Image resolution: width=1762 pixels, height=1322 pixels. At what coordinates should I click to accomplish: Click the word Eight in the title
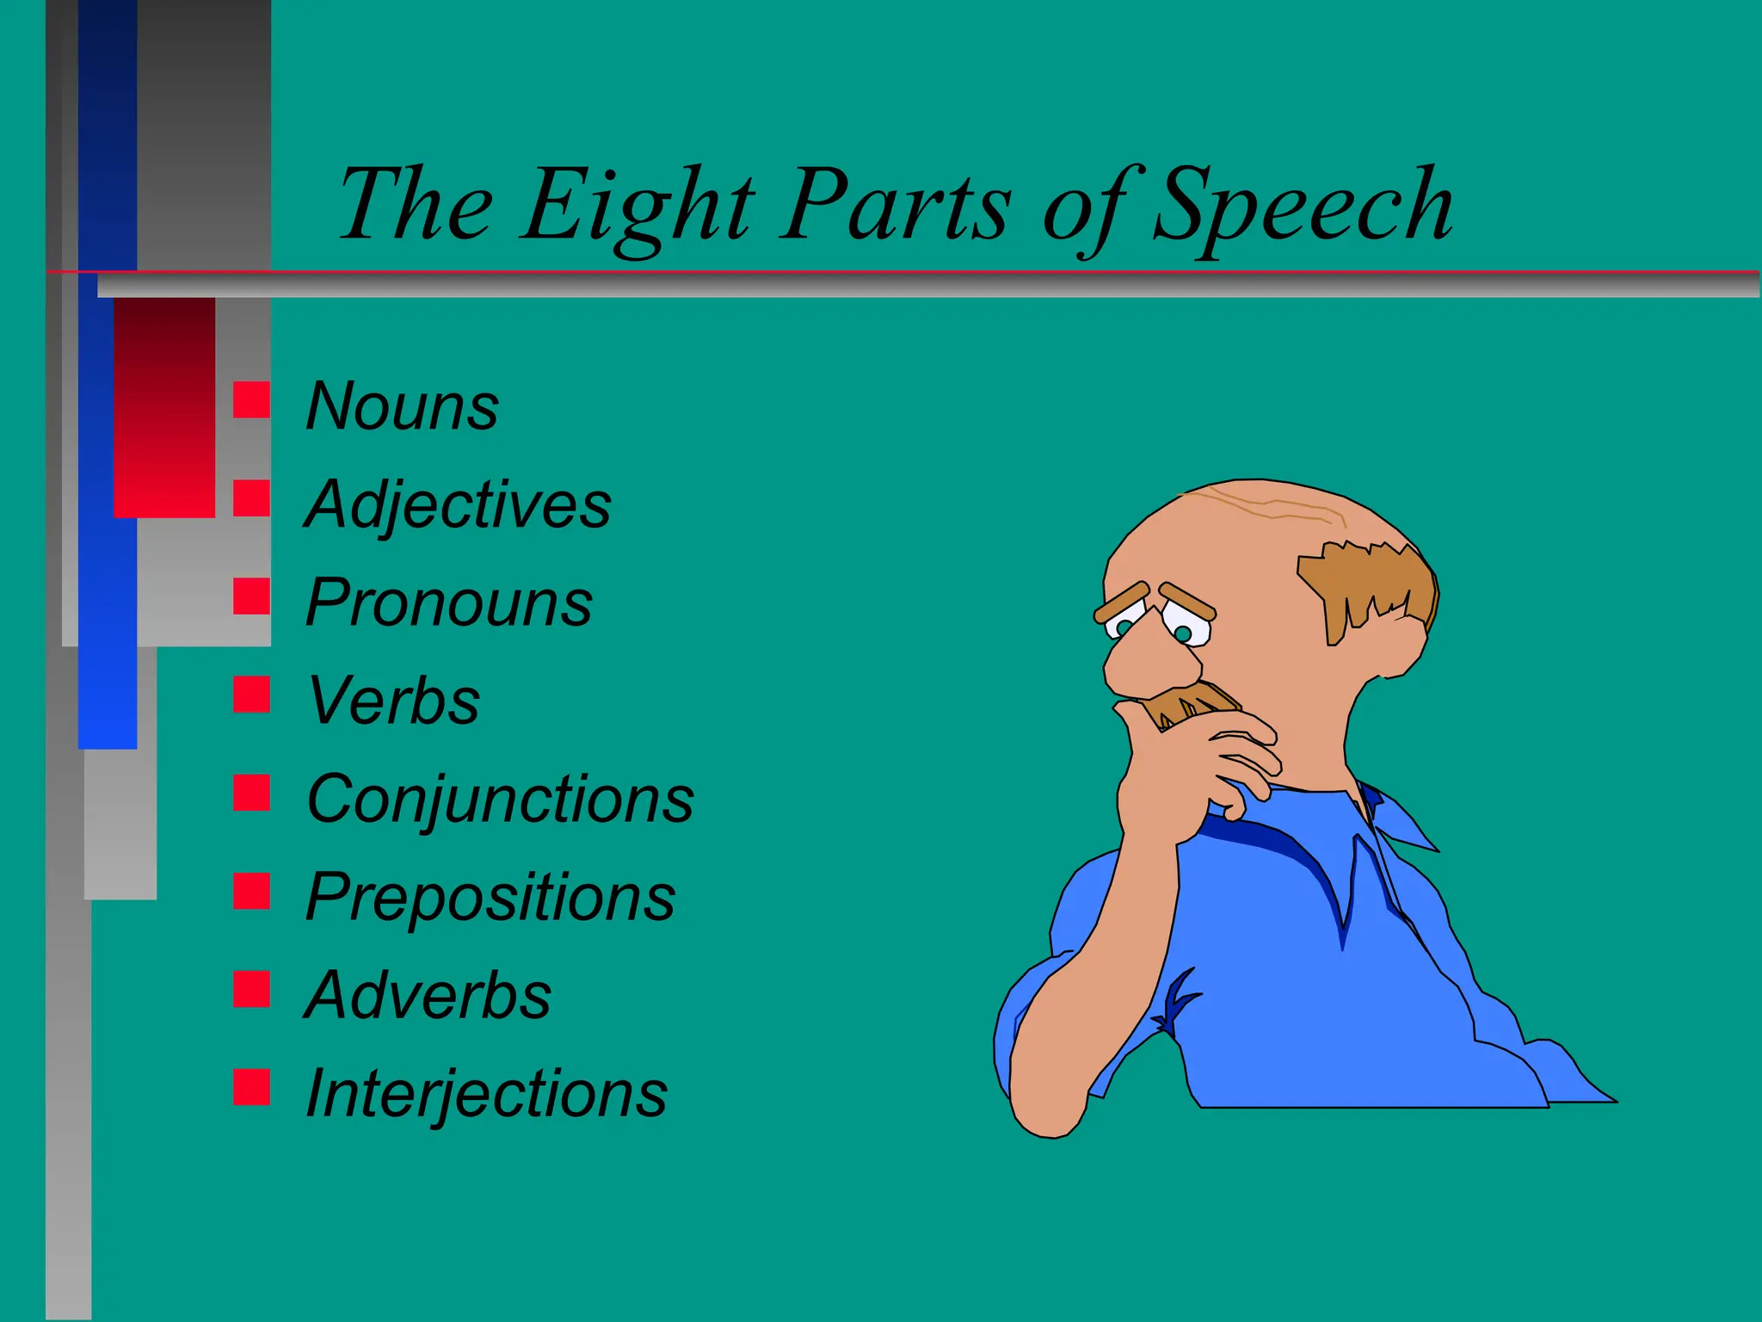638,207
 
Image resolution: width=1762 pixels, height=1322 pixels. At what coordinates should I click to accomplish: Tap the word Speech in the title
1303,207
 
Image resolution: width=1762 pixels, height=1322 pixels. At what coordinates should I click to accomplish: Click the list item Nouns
402,406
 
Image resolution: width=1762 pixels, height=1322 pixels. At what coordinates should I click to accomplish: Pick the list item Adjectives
458,505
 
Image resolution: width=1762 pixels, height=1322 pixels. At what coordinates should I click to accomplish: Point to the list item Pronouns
448,602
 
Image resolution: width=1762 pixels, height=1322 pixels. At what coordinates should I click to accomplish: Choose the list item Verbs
393,701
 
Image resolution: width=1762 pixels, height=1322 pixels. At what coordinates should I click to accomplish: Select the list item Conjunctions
500,799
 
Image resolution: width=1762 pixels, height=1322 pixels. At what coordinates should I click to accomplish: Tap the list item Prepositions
490,898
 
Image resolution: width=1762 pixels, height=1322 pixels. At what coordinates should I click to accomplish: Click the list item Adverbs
428,996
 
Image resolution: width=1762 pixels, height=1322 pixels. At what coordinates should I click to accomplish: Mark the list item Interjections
486,1094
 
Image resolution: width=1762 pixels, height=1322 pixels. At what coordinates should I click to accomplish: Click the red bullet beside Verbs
251,694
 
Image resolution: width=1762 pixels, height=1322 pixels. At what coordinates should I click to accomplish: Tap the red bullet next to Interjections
251,1086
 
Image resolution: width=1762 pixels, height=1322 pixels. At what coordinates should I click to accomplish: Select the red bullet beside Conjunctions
251,792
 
